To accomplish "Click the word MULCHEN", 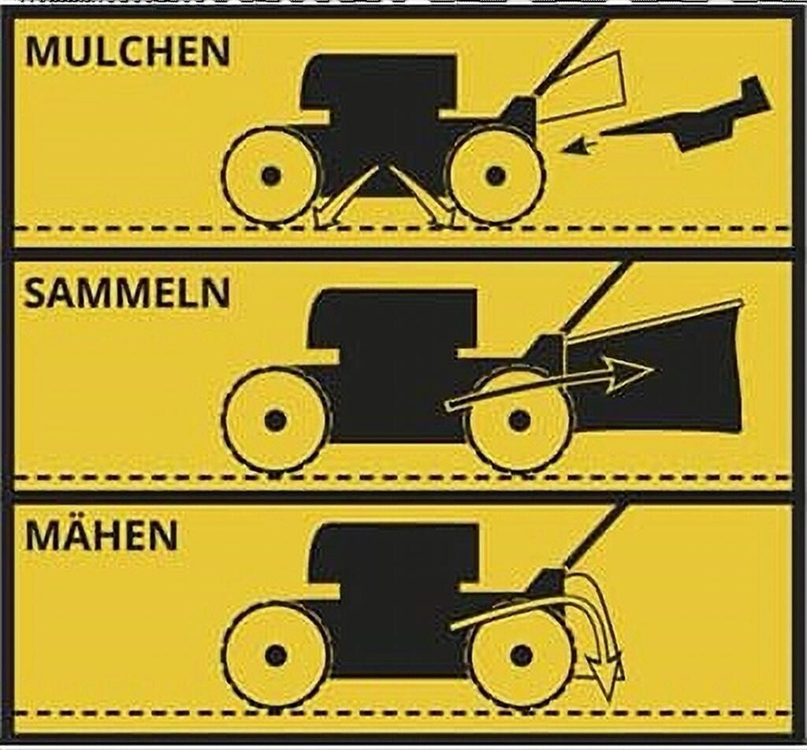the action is point(127,51).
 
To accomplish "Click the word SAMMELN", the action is point(127,293).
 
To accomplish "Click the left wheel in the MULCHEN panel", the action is point(270,176).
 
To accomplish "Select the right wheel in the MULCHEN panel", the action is point(495,176).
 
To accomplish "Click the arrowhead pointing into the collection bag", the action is point(631,369).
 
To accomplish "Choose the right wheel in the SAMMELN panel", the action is point(519,420).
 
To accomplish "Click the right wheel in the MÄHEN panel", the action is point(520,655).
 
